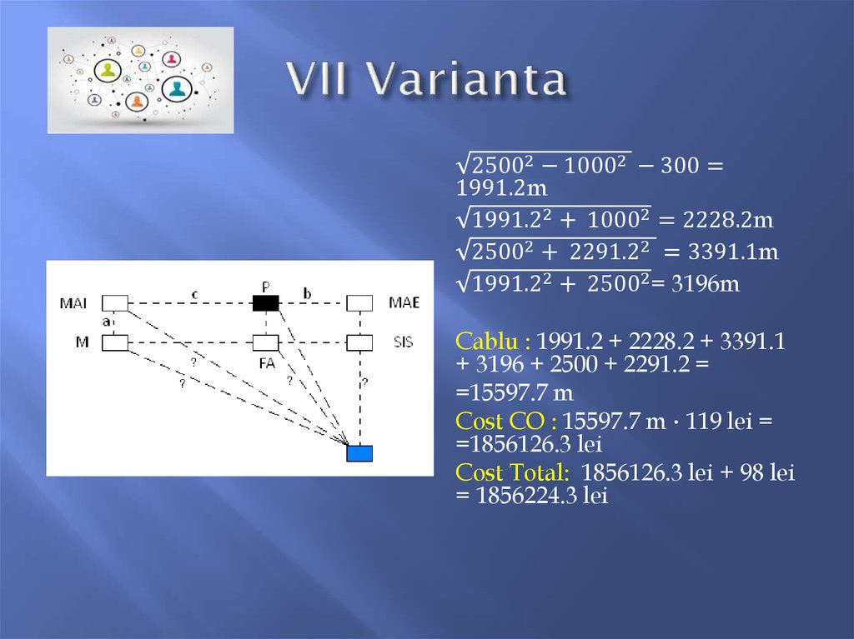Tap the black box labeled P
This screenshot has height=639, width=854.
265,302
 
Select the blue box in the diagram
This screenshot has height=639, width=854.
359,453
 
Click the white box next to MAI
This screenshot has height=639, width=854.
115,302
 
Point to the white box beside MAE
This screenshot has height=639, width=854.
359,302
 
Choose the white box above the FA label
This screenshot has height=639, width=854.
265,342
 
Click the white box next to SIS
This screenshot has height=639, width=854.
359,342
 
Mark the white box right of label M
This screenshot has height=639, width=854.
115,342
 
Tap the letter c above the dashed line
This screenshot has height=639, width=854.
194,293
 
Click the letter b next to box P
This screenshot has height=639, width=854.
307,292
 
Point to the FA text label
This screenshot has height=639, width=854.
265,364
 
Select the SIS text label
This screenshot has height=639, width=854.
404,342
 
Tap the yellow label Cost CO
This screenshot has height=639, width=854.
505,422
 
